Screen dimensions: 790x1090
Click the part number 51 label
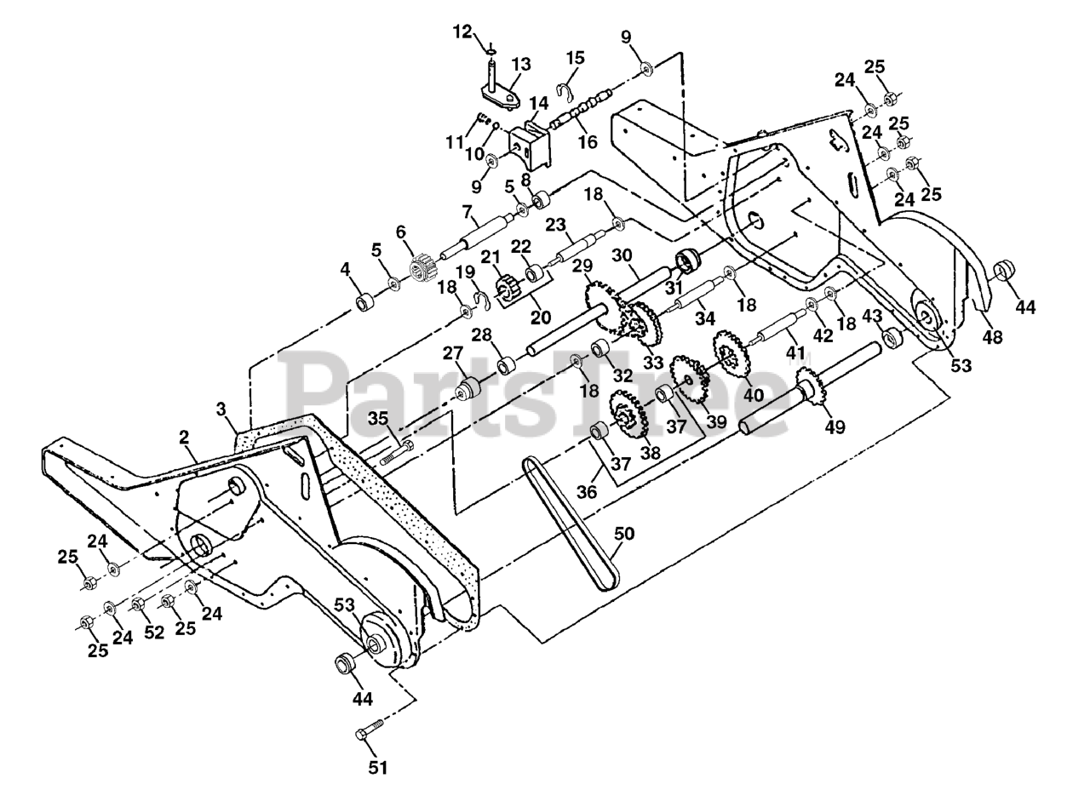(x=377, y=767)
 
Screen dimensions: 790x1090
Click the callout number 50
(x=624, y=535)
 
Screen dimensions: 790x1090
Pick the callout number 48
(x=992, y=337)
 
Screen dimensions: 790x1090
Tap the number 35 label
(x=378, y=418)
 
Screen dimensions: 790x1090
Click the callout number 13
(x=520, y=65)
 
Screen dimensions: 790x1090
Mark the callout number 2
(x=183, y=437)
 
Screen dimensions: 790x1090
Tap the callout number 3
(x=221, y=409)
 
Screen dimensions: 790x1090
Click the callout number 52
(x=153, y=633)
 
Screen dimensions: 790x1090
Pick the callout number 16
(x=588, y=142)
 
